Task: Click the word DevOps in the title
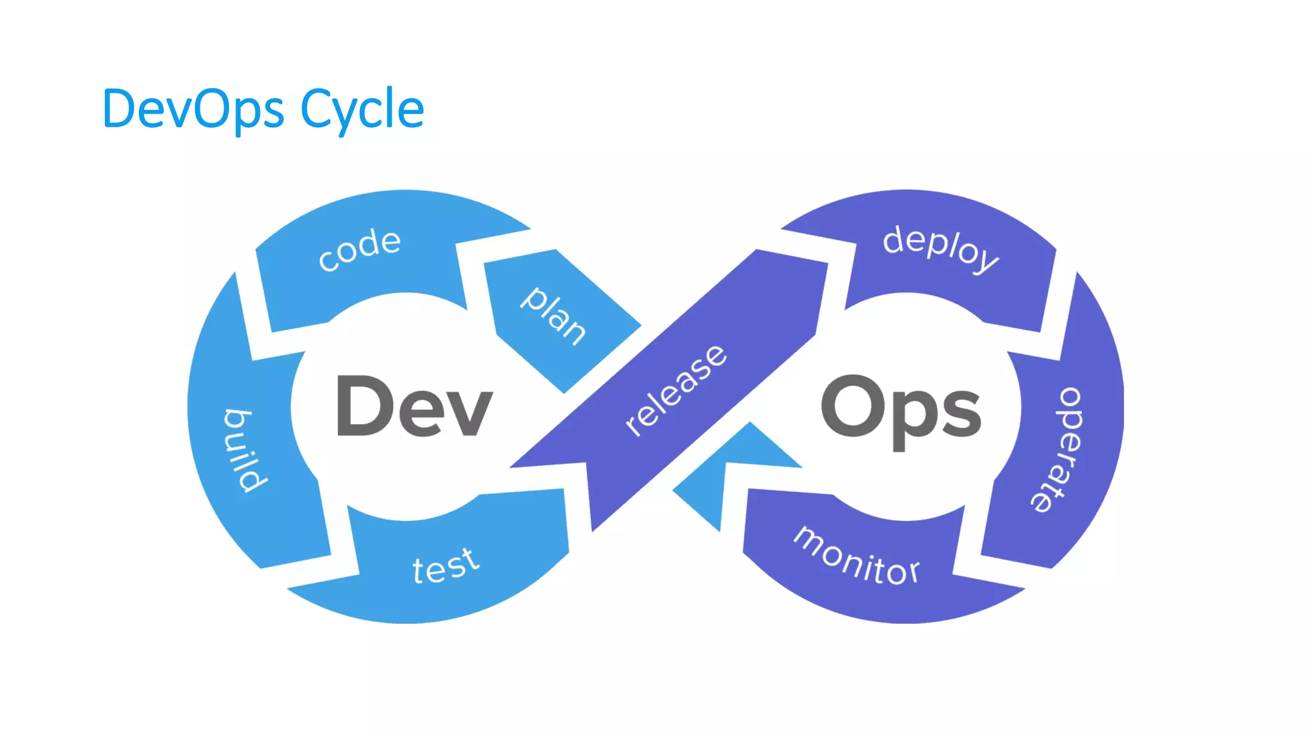[192, 109]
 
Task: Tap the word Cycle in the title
[362, 109]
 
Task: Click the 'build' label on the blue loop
[246, 450]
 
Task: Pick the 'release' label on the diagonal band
[676, 390]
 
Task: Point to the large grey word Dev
[414, 407]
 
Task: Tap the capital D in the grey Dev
[362, 406]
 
